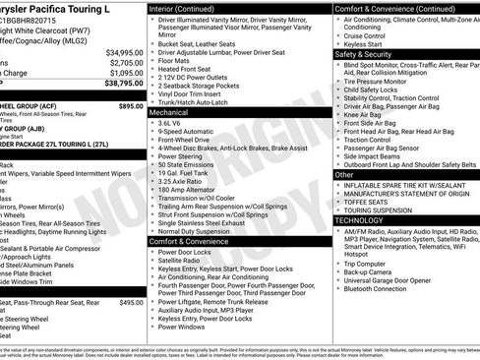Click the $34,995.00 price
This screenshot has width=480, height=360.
[123, 51]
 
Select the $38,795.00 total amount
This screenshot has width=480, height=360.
[123, 85]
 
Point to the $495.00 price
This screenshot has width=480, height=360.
[131, 303]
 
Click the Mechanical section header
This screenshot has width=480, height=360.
[170, 113]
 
